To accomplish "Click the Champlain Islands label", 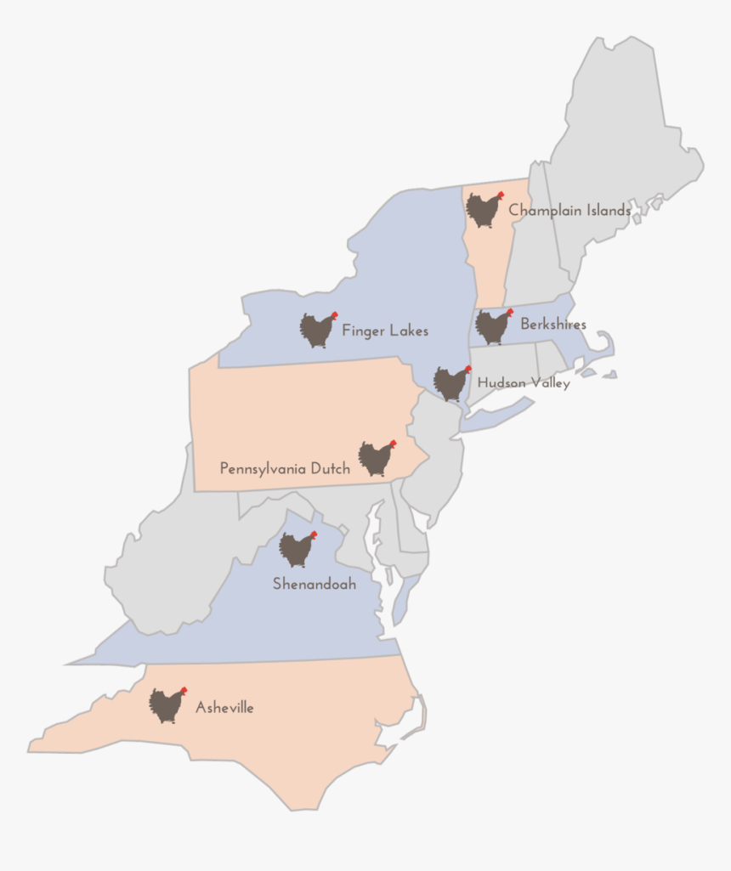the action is tap(569, 210).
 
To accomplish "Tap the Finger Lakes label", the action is tap(385, 331).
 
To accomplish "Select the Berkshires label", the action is tap(553, 324).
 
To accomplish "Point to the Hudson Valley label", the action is tap(524, 383).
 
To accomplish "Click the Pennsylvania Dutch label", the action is tap(285, 468).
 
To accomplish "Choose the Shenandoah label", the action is tap(314, 585).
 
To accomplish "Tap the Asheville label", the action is tap(224, 707).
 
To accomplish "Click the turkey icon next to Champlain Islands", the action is tap(484, 209).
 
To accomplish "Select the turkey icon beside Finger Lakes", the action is tap(318, 330).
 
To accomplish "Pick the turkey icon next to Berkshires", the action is tap(494, 326).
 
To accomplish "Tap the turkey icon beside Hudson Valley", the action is tap(451, 383).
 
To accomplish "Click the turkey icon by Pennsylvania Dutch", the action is tap(376, 458).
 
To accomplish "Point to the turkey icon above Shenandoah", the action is tap(297, 549).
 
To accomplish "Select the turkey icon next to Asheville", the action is tap(167, 704).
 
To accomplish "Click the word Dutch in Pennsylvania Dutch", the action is tap(330, 468).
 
